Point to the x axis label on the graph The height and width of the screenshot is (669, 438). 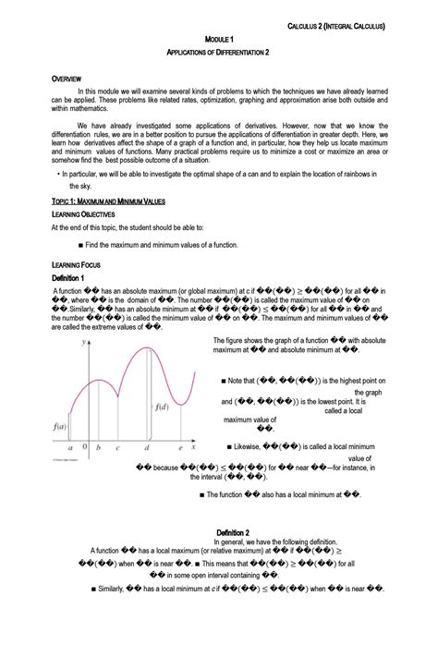pos(192,446)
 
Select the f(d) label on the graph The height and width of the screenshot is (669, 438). pos(164,407)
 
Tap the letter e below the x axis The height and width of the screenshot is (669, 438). pos(178,447)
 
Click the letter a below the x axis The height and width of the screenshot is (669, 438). pos(69,446)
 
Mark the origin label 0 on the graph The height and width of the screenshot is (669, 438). pos(85,446)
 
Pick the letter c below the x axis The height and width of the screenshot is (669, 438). pos(116,447)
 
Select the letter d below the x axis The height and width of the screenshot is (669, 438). pos(147,447)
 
